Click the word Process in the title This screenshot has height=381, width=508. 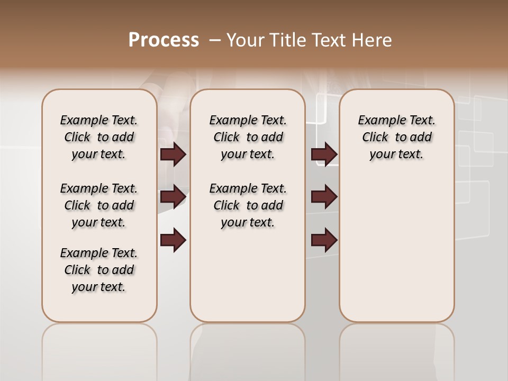164,40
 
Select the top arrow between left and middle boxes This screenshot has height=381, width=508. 173,155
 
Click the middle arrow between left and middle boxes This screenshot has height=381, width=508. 173,197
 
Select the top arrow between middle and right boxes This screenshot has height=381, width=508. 324,155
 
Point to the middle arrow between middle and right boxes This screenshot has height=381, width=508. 324,197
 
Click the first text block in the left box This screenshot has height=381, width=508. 99,137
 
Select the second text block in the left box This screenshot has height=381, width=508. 99,205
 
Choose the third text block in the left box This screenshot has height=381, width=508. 99,270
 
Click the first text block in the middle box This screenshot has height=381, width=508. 248,137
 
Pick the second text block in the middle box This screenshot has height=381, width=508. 248,205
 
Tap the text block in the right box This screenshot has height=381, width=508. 396,137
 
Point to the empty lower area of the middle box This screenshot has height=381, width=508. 248,275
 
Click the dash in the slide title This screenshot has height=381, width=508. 215,40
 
